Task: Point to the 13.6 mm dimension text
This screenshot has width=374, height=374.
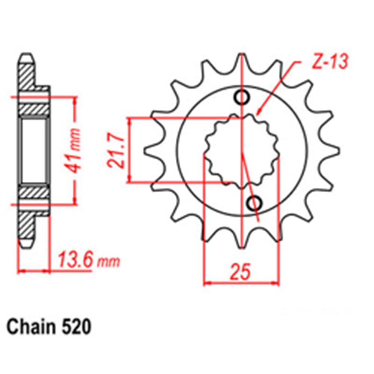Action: pyautogui.click(x=88, y=260)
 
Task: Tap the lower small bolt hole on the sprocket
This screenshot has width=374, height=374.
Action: pyautogui.click(x=254, y=203)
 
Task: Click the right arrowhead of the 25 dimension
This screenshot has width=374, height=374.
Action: pyautogui.click(x=277, y=283)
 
